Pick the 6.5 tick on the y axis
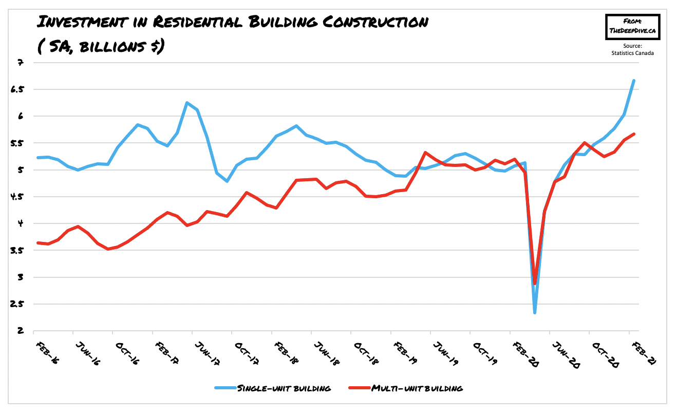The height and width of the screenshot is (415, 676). [18, 89]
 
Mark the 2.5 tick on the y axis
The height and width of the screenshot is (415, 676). [18, 304]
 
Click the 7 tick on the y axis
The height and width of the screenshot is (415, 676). [21, 63]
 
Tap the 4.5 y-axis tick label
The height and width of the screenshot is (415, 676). [18, 197]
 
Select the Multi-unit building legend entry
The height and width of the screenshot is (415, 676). [416, 388]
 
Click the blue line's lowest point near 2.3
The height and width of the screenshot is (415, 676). [535, 312]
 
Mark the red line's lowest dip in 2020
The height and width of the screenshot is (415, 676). [535, 283]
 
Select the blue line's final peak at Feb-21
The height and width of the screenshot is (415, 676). [634, 81]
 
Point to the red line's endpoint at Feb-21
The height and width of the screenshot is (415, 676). [634, 134]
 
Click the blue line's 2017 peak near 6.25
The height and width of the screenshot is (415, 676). [187, 103]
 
